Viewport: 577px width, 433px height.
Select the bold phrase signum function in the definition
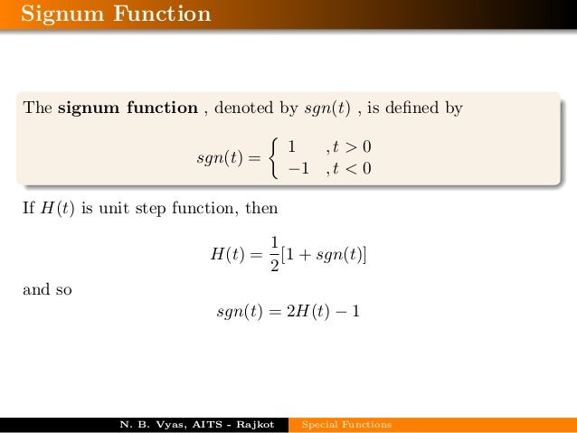coord(128,109)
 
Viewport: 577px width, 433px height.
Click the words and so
coord(48,291)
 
